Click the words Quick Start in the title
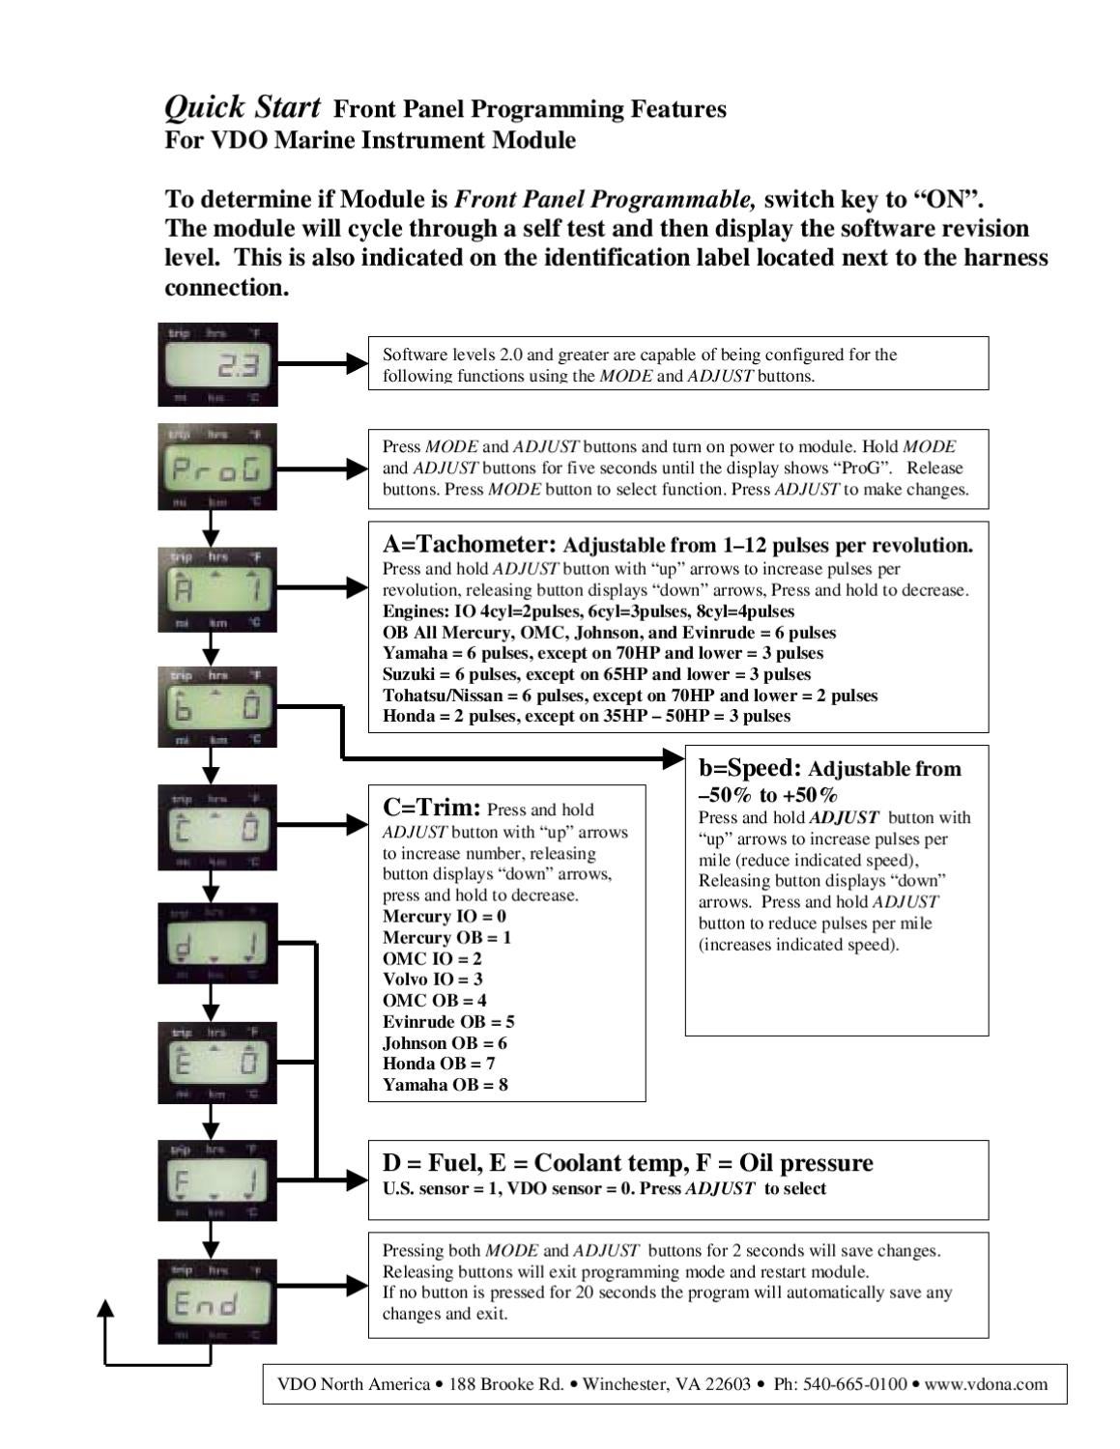242,106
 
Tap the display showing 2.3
217,364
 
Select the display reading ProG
217,467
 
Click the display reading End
217,1300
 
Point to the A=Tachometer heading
469,544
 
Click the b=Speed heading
750,768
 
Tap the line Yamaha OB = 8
445,1085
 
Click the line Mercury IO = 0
444,916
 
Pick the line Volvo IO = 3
432,980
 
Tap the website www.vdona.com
986,1384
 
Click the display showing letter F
217,1180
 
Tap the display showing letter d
217,943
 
